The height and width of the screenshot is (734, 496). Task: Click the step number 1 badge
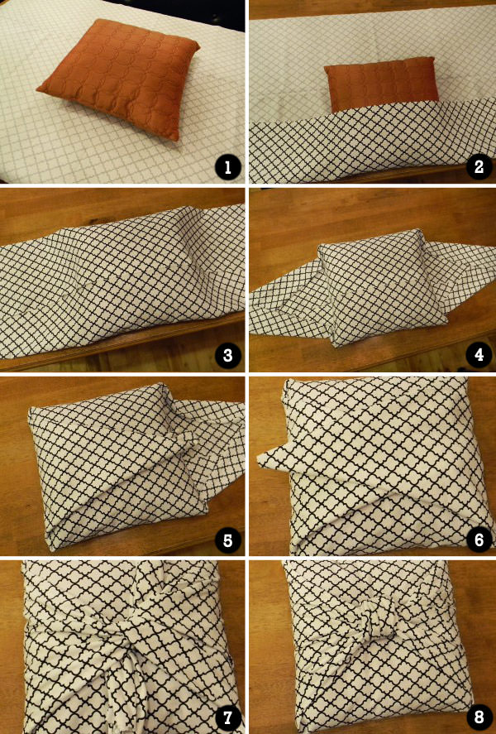(227, 168)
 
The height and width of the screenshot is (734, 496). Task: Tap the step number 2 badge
(475, 168)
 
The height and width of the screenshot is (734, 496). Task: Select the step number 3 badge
(227, 356)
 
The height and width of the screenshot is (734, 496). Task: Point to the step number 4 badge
(475, 356)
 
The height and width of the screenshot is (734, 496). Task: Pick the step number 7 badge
(227, 716)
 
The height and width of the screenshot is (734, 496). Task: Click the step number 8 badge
(475, 716)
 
